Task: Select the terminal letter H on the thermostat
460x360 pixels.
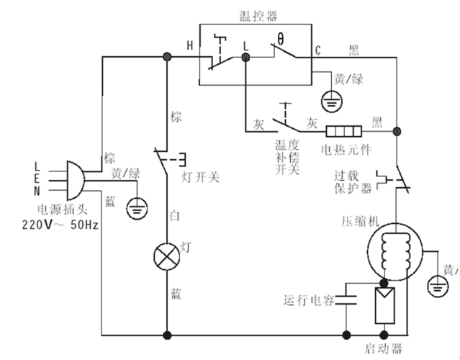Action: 190,46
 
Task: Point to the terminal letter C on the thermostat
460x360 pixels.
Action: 317,50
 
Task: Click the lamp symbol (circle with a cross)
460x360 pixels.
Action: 168,256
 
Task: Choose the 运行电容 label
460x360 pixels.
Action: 309,300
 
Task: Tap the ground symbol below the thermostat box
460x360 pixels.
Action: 330,100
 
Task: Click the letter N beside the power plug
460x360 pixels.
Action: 37,190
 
